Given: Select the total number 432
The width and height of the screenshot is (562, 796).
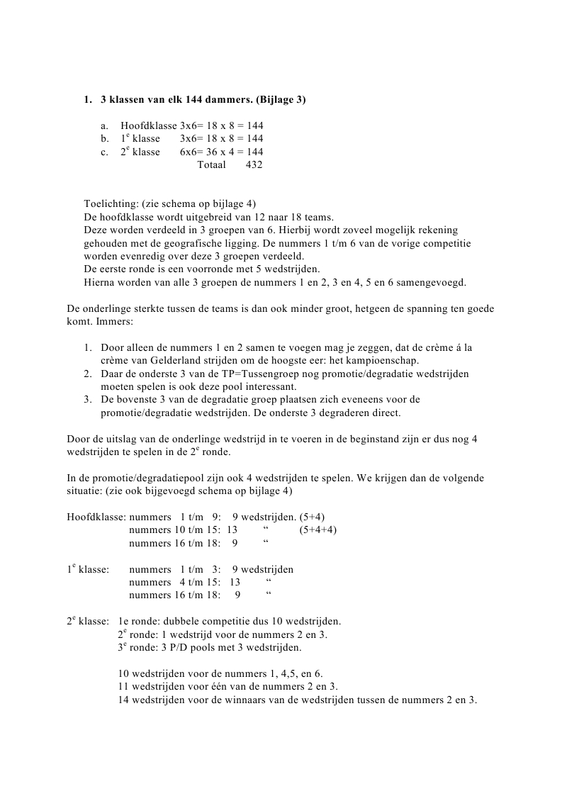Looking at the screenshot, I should click(x=254, y=165).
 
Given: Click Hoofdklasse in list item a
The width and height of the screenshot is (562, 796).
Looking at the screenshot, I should click(x=149, y=125).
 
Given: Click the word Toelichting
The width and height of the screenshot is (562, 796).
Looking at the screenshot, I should click(x=110, y=204).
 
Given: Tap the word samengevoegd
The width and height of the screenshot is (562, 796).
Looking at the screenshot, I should click(x=434, y=281).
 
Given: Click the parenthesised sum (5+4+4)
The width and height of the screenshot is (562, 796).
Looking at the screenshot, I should click(x=317, y=530).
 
